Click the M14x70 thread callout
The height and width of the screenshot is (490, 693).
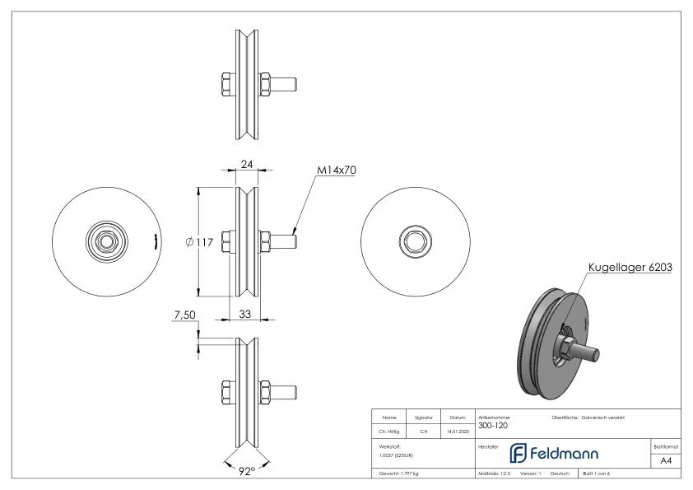(x=337, y=170)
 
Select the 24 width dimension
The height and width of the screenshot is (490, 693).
(x=245, y=163)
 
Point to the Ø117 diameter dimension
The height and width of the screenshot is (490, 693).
(x=199, y=242)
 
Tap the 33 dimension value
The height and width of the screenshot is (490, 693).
(x=245, y=313)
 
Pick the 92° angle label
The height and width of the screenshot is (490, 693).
(x=244, y=473)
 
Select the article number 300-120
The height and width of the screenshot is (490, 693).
(x=493, y=426)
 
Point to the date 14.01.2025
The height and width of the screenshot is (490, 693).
(x=457, y=430)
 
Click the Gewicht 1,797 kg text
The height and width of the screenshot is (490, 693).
(x=399, y=474)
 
